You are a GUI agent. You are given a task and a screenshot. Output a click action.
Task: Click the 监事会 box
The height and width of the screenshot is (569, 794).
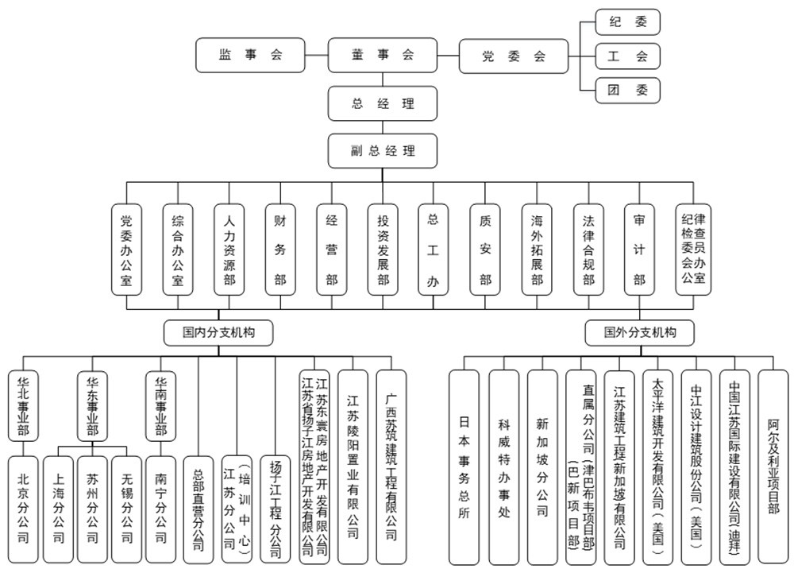(250, 56)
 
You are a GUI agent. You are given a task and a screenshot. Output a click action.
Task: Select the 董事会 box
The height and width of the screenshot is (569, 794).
(383, 56)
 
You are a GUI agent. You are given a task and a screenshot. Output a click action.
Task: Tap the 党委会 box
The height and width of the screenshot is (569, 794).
(514, 56)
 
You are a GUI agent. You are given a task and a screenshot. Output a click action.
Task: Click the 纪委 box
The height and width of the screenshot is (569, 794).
(627, 22)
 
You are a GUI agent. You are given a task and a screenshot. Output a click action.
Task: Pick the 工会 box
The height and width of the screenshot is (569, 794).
(627, 56)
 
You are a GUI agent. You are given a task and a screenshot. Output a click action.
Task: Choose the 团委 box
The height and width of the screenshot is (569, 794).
(627, 91)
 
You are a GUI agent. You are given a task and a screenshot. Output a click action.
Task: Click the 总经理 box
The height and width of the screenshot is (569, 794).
(383, 103)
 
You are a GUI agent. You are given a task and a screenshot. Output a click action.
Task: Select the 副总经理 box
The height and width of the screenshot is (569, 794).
(383, 150)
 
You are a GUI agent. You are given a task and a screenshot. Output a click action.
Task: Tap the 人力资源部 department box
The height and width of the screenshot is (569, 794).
(229, 250)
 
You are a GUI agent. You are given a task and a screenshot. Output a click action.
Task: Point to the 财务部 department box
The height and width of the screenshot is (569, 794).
(279, 250)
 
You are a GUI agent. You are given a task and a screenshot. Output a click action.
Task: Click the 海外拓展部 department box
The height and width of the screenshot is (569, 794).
(537, 250)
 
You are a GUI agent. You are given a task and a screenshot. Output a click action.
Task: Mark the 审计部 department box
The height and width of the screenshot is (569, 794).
(639, 250)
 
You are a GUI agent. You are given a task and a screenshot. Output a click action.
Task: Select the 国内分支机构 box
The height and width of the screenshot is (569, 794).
(218, 332)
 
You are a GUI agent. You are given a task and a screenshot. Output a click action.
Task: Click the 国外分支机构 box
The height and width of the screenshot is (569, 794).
(639, 332)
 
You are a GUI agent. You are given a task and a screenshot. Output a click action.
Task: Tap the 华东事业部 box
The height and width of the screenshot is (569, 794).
(93, 405)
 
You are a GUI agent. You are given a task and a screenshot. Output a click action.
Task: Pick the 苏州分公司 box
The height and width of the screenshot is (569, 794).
(93, 509)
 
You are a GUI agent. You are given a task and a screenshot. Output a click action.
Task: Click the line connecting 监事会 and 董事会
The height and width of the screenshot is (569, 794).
(317, 56)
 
